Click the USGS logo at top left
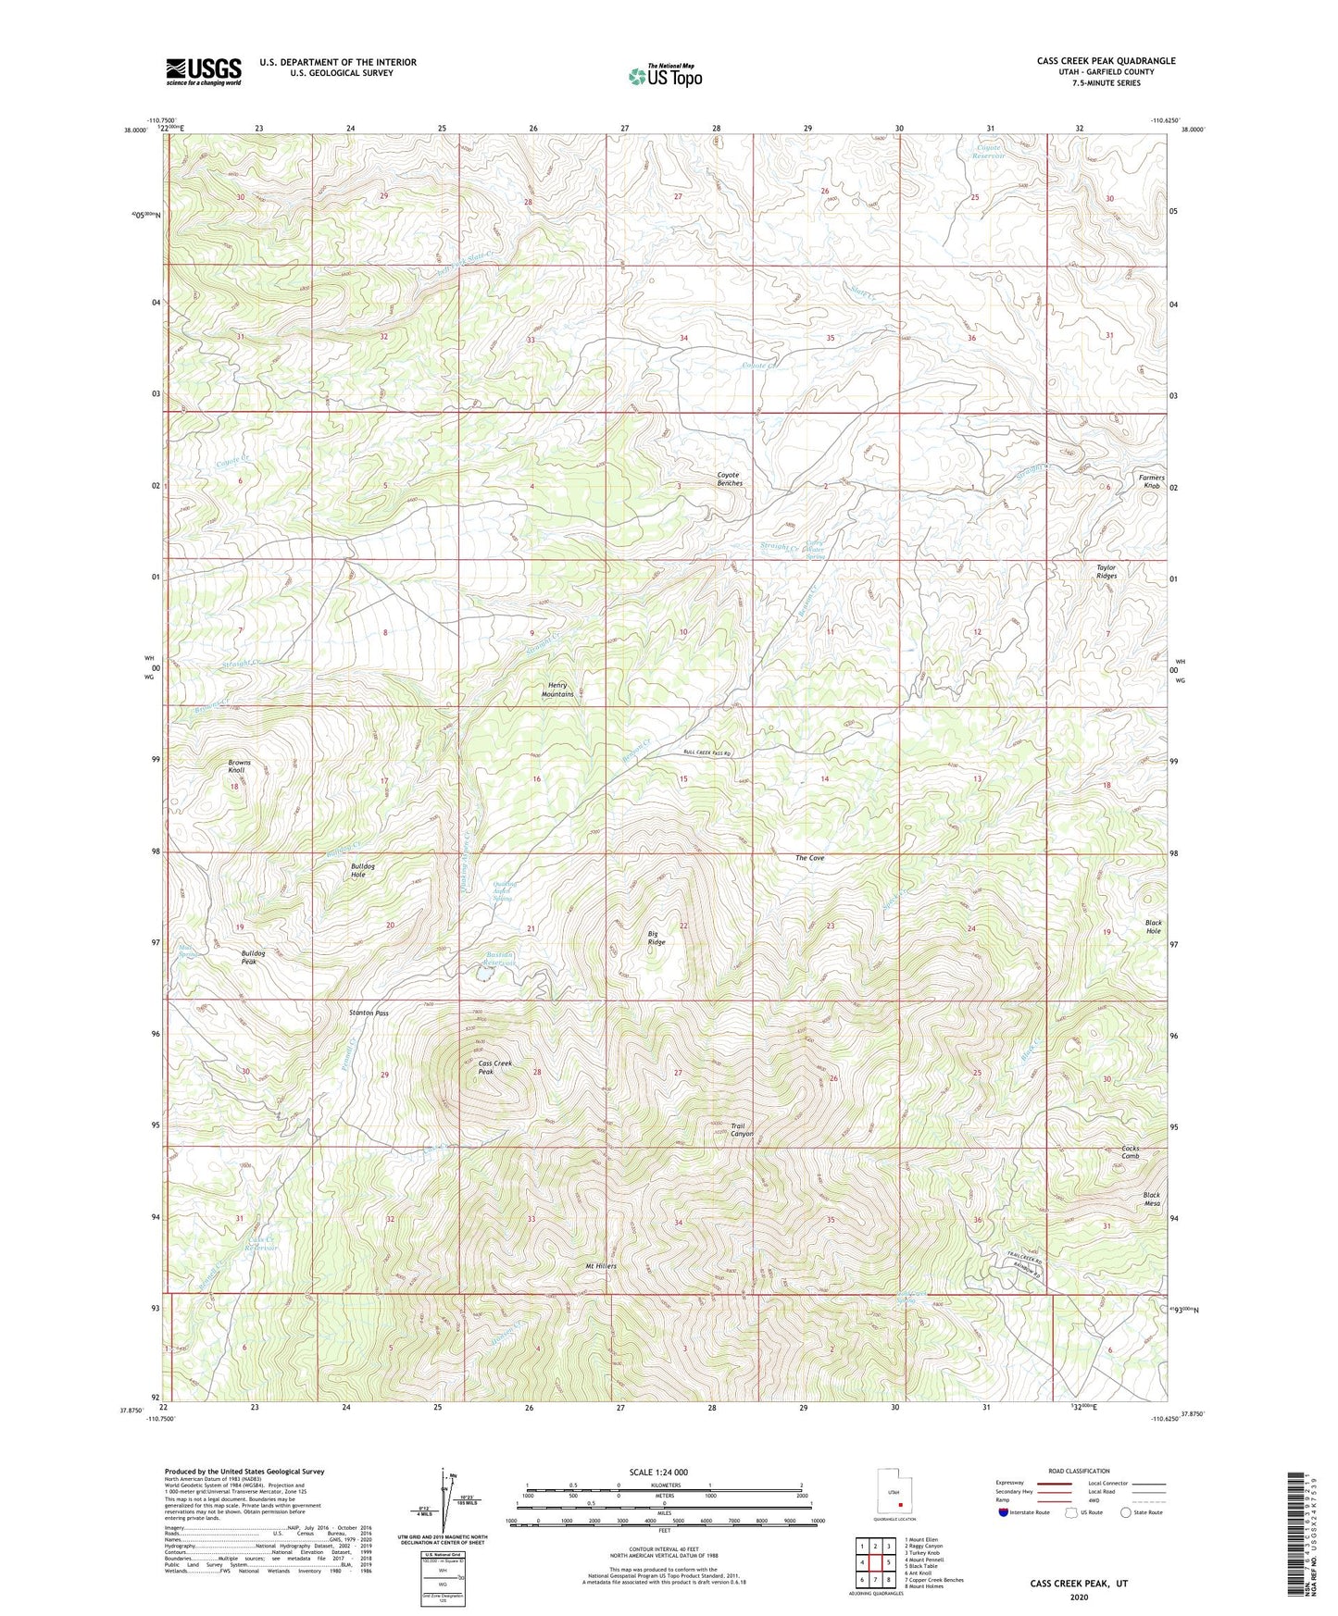(204, 71)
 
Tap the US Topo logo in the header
(665, 76)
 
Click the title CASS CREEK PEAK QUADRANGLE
(1106, 61)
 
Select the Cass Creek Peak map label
(494, 1068)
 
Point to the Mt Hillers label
(600, 1266)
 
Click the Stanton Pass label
(369, 1013)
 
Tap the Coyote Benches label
(730, 479)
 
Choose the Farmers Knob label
(1151, 481)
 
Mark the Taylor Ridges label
(1107, 572)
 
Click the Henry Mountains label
(557, 690)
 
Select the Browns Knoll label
(239, 766)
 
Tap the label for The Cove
(809, 858)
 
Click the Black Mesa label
(1151, 1200)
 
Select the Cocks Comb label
(1131, 1152)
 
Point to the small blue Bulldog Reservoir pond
(483, 975)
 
